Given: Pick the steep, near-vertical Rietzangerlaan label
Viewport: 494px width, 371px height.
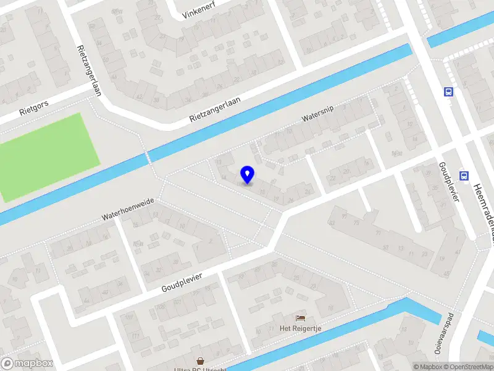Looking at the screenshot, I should pos(89,69).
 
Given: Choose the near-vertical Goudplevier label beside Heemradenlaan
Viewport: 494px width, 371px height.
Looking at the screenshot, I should pos(449,180).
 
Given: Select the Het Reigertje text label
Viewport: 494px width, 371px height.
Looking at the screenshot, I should pos(301,328).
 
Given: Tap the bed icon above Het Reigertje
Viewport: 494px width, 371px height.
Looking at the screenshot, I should pos(301,317).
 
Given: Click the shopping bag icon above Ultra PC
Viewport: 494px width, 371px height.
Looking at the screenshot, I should pos(200,360).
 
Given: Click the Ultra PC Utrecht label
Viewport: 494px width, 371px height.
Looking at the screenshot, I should pos(200,369).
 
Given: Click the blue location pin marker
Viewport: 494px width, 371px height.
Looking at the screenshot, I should pos(248,175).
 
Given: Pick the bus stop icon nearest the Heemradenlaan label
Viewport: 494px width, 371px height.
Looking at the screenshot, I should pos(464,176).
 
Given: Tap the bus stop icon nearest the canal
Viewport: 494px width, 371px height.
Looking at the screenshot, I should pos(448,92).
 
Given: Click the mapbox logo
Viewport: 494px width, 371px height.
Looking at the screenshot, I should pos(27,364).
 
